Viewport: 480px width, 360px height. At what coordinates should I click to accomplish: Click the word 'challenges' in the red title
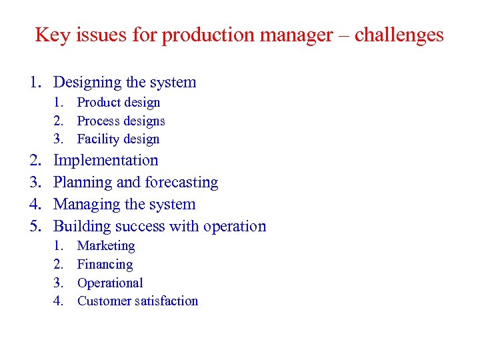click(399, 35)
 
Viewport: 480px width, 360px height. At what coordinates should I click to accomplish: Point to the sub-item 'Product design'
click(119, 103)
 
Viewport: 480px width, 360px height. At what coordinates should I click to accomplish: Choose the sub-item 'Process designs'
click(121, 121)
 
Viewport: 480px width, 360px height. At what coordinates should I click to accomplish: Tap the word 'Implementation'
click(105, 161)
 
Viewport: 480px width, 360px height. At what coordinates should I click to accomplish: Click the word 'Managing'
click(83, 205)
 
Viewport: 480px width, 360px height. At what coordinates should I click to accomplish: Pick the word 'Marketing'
click(106, 246)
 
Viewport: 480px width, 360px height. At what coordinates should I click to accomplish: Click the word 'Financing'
click(105, 265)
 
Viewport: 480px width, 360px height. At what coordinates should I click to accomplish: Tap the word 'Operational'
click(110, 283)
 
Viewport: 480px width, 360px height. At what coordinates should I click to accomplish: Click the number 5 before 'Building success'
click(34, 227)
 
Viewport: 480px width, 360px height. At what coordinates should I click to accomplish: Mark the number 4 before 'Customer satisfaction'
click(58, 301)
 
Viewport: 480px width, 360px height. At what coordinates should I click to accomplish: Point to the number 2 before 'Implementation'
click(34, 161)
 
